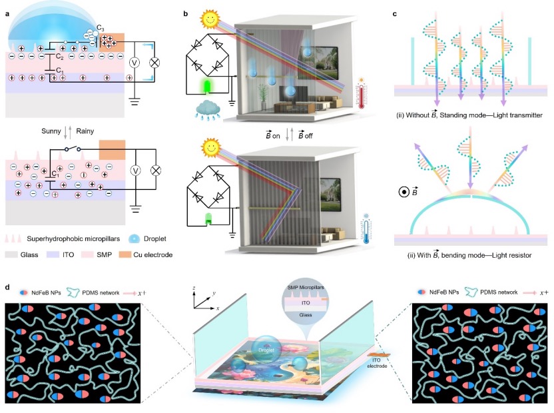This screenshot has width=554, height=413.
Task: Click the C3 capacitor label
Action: pyautogui.click(x=101, y=27)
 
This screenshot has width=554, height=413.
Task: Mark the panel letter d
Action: pyautogui.click(x=7, y=288)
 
